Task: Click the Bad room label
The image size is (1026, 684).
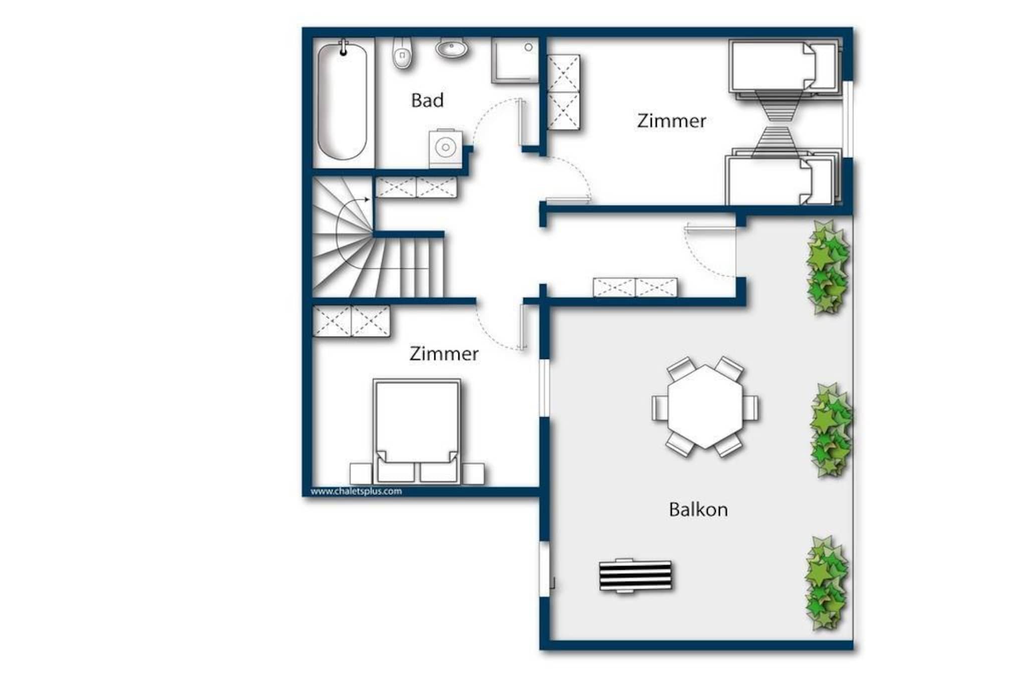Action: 427,100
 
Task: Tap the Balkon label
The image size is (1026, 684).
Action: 698,510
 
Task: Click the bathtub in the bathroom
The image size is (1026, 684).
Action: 344,101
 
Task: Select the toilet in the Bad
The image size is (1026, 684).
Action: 402,53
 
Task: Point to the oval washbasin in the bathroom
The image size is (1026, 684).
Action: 452,48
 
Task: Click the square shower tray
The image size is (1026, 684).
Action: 515,61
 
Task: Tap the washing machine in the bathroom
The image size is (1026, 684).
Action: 445,148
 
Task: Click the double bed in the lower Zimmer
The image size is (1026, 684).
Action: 417,431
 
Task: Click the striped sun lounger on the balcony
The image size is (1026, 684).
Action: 636,576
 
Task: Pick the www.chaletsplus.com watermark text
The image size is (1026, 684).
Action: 356,491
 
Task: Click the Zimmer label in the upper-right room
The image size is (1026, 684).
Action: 672,121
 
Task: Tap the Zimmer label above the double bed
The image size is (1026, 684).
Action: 444,354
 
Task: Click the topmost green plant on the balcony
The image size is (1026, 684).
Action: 828,267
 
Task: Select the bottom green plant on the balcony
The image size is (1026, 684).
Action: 827,583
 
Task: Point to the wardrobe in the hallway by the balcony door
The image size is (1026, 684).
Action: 635,288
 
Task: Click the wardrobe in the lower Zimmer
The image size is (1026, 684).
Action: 351,321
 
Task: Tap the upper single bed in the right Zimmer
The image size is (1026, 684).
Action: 785,66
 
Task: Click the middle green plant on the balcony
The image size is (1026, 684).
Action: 831,430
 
